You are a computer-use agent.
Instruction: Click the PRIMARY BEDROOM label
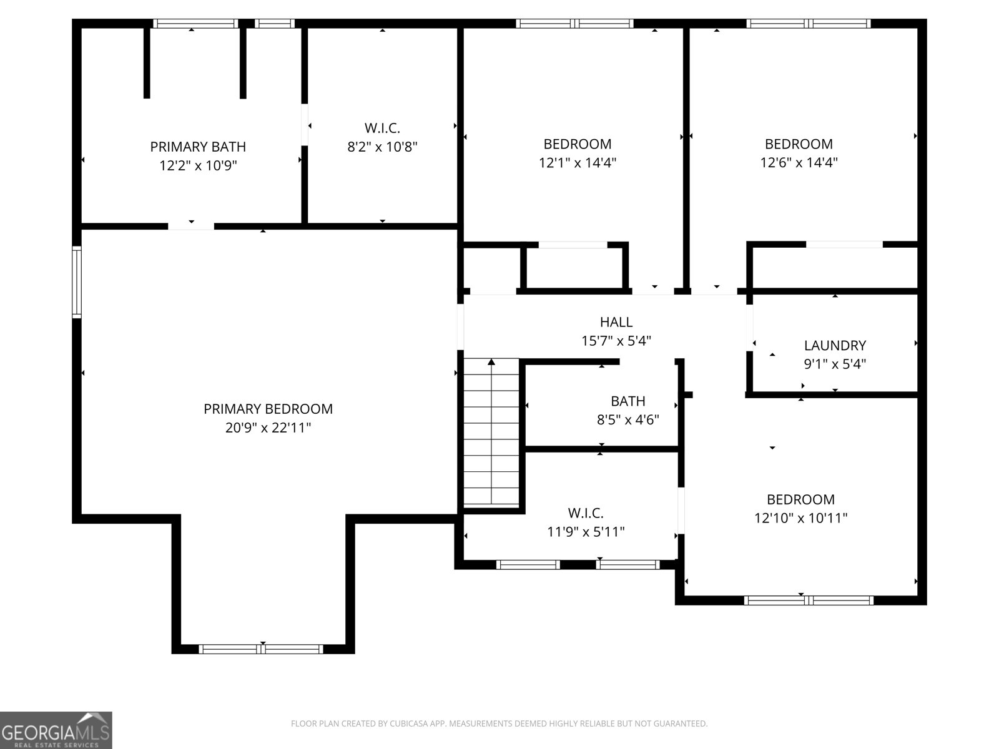(x=268, y=409)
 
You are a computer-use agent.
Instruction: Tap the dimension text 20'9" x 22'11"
(x=268, y=428)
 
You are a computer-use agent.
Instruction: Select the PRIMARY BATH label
(x=198, y=147)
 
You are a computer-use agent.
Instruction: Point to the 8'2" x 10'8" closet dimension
(x=382, y=147)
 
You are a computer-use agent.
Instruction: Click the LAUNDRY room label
(x=835, y=345)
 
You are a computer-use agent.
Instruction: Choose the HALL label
(x=616, y=322)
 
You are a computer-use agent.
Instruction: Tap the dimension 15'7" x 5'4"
(x=616, y=341)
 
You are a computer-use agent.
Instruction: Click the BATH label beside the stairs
(x=627, y=401)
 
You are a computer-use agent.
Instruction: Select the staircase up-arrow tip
(x=491, y=362)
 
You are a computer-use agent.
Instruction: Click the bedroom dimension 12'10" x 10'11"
(x=800, y=517)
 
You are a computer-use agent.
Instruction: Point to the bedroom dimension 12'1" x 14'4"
(x=578, y=162)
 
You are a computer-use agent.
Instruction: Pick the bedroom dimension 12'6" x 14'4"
(x=799, y=162)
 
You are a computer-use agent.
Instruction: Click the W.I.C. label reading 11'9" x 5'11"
(x=586, y=513)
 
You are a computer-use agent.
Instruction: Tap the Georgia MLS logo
(x=56, y=730)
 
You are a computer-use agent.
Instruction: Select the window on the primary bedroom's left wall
(x=77, y=282)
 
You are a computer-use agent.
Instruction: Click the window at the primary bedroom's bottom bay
(x=261, y=649)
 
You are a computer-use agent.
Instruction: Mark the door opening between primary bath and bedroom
(x=191, y=227)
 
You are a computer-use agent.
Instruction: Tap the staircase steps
(x=491, y=437)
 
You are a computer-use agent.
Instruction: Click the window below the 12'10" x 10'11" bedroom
(x=809, y=600)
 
